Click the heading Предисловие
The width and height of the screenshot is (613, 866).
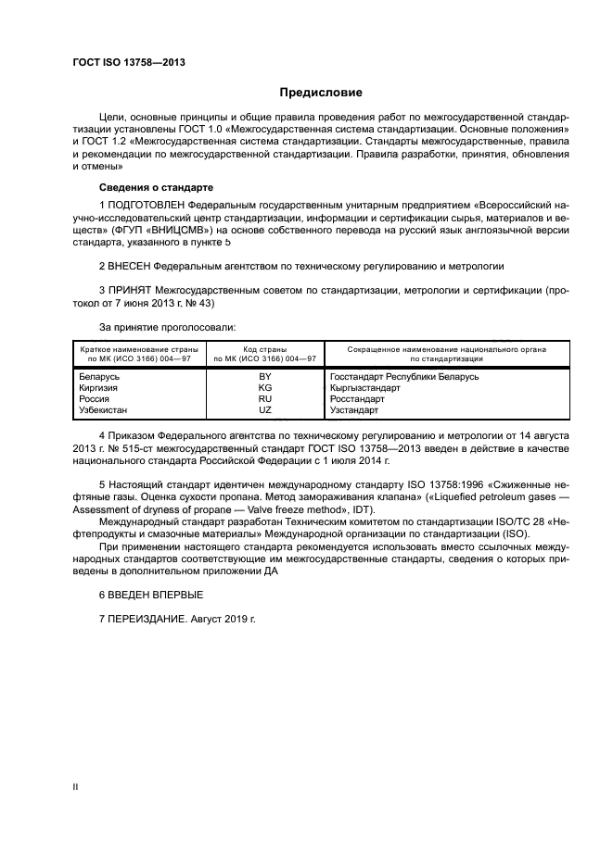pyautogui.click(x=322, y=93)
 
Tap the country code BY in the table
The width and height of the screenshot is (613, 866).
pyautogui.click(x=265, y=377)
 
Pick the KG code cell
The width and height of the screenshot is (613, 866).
pyautogui.click(x=265, y=388)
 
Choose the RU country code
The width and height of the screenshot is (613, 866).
pyautogui.click(x=265, y=398)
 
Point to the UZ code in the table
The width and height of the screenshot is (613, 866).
pyautogui.click(x=265, y=409)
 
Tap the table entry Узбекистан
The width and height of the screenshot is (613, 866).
pyautogui.click(x=105, y=409)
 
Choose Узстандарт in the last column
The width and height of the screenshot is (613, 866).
pyautogui.click(x=354, y=409)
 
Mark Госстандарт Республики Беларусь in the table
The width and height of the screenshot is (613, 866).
pyautogui.click(x=403, y=377)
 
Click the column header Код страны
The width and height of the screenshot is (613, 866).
pyautogui.click(x=265, y=349)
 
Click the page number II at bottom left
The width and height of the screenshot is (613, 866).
pyautogui.click(x=76, y=787)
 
